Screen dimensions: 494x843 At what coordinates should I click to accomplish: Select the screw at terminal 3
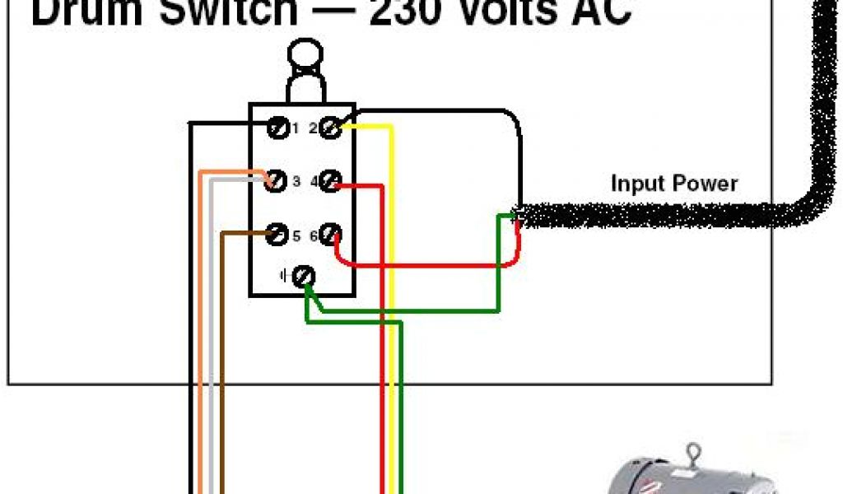click(277, 180)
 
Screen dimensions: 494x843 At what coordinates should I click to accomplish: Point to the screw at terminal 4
click(330, 181)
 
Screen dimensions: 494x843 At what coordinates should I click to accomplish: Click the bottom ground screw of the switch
click(304, 277)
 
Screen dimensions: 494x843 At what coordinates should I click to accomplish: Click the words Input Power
click(674, 183)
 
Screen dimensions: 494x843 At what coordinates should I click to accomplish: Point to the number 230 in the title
click(411, 13)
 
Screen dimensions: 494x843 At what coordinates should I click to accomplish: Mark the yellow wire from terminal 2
click(392, 247)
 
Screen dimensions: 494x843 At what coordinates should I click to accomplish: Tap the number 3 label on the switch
click(296, 180)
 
